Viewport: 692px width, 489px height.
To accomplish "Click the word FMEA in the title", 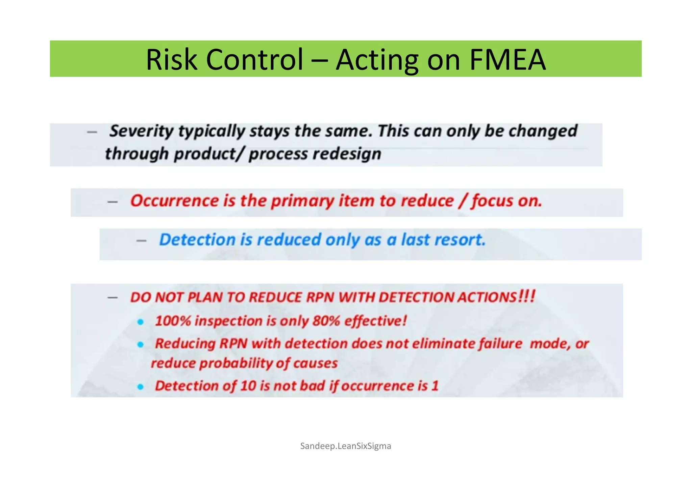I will pyautogui.click(x=508, y=59).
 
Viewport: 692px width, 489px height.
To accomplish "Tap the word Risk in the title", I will pyautogui.click(x=171, y=59).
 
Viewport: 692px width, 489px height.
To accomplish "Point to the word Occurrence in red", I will pyautogui.click(x=174, y=201).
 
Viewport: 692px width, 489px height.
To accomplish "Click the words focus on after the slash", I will pyautogui.click(x=506, y=201).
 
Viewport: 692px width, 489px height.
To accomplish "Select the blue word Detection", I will pyautogui.click(x=197, y=240).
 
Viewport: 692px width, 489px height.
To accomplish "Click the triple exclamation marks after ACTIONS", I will pyautogui.click(x=527, y=296).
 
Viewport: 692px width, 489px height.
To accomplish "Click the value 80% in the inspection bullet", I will pyautogui.click(x=326, y=321).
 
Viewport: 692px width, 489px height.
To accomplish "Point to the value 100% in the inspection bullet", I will pyautogui.click(x=173, y=321).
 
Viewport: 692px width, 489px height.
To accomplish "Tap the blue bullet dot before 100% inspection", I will pyautogui.click(x=141, y=322).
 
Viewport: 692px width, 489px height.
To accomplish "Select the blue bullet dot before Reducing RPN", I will pyautogui.click(x=141, y=344).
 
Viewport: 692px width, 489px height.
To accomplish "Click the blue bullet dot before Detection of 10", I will pyautogui.click(x=141, y=387).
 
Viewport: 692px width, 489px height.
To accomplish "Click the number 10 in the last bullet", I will pyautogui.click(x=248, y=386).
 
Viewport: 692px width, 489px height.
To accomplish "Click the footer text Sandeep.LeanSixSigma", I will pyautogui.click(x=345, y=446).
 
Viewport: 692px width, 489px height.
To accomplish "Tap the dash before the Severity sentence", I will pyautogui.click(x=92, y=132).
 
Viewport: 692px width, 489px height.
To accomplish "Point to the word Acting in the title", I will pyautogui.click(x=377, y=59).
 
